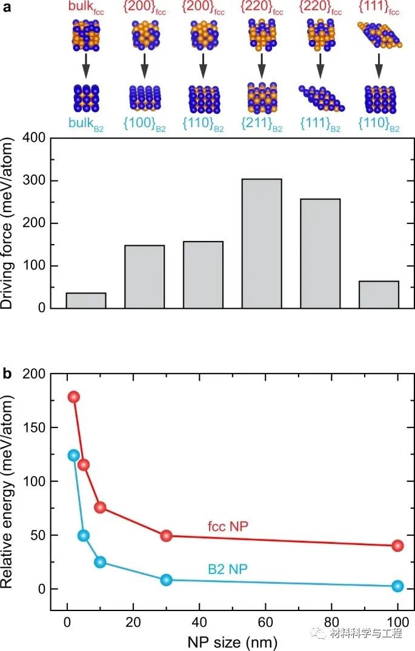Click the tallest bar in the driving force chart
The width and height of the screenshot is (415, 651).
pos(262,243)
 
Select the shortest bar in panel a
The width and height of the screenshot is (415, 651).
pos(86,300)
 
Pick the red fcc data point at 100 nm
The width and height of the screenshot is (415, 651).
pos(397,546)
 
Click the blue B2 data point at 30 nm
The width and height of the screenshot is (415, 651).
pos(167,580)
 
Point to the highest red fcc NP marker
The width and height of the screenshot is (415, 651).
pos(74,397)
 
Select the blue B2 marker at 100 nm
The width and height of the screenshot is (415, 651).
pos(397,586)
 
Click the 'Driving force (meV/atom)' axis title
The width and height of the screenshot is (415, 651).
pos(13,223)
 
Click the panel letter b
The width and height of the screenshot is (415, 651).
pos(7,374)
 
